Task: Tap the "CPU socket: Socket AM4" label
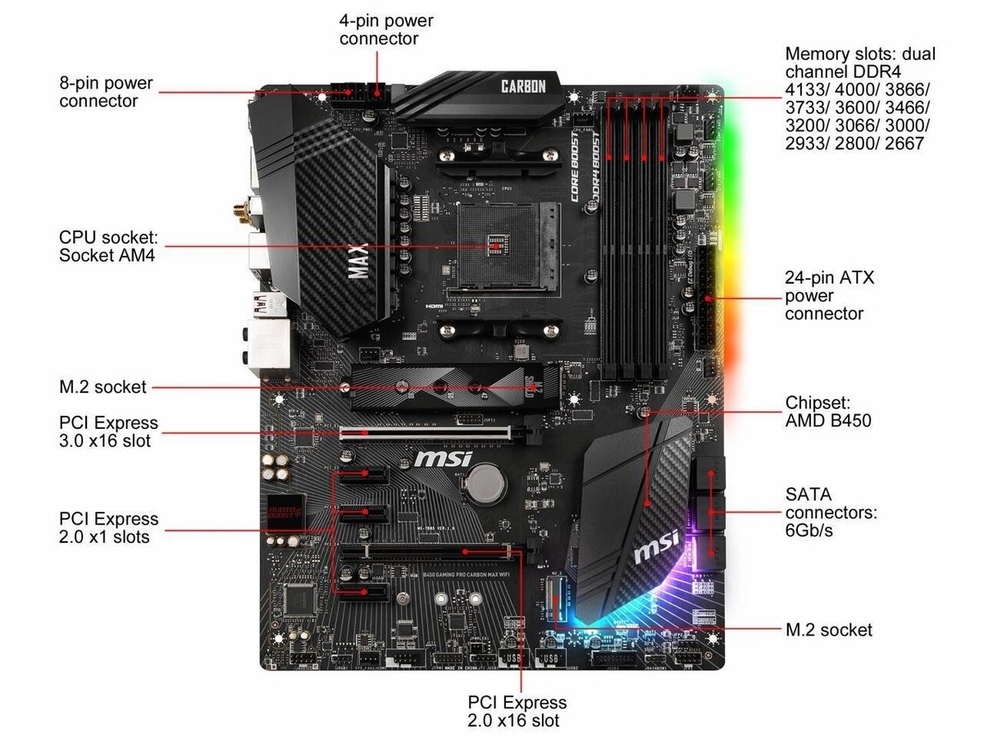tap(107, 246)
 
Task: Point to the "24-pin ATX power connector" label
tap(829, 295)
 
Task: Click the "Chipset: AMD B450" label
tap(828, 412)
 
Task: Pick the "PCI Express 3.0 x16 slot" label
tap(108, 431)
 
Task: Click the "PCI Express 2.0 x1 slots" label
tap(108, 527)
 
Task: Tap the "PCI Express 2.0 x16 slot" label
tap(517, 711)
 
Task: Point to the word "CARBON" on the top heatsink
tap(523, 86)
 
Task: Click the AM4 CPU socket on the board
tap(494, 243)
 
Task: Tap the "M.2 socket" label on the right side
tap(828, 629)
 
